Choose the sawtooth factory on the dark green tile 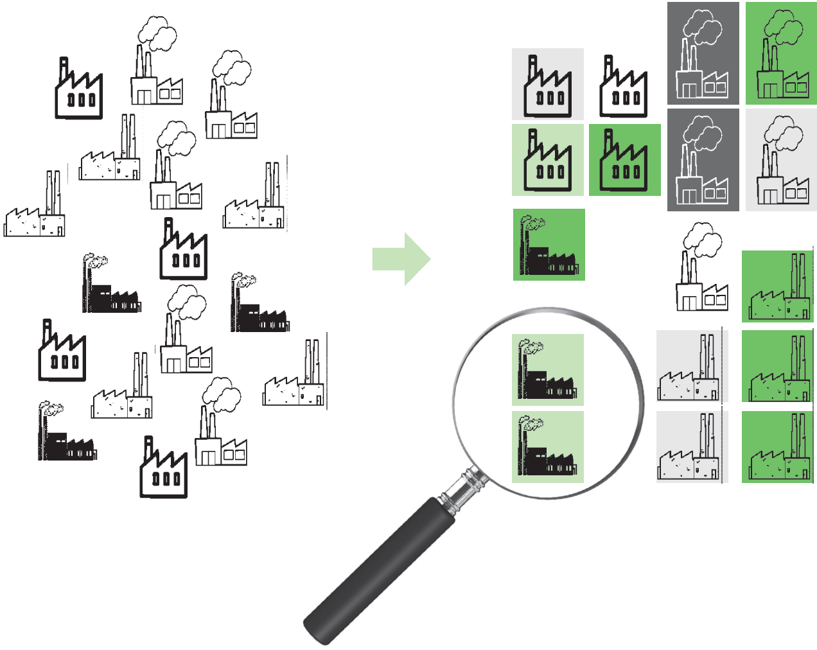pyautogui.click(x=624, y=161)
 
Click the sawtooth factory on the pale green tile pyautogui.click(x=548, y=161)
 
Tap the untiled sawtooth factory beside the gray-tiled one pyautogui.click(x=623, y=87)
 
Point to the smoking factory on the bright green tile pyautogui.click(x=781, y=58)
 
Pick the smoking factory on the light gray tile pyautogui.click(x=781, y=164)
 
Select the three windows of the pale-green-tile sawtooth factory pyautogui.click(x=550, y=172)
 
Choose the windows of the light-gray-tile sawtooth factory pyautogui.click(x=550, y=98)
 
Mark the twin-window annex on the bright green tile pyautogui.click(x=796, y=86)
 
